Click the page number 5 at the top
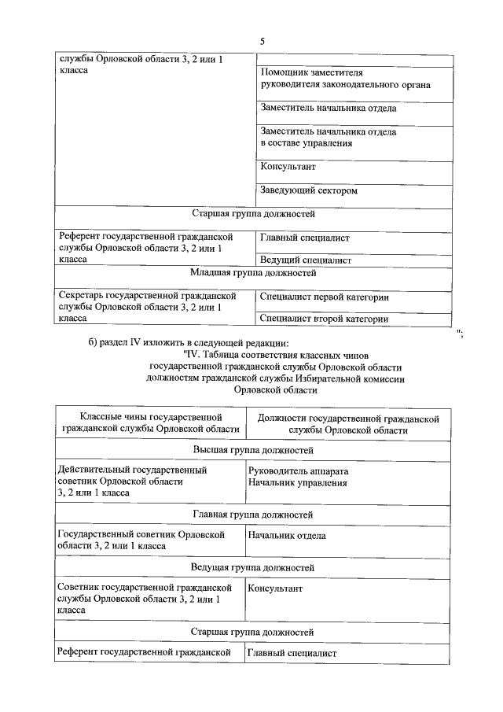(x=262, y=41)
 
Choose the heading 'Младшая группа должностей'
(x=253, y=274)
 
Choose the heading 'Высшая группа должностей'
(x=253, y=450)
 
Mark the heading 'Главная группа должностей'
(x=253, y=515)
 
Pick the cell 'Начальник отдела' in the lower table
(x=286, y=536)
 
